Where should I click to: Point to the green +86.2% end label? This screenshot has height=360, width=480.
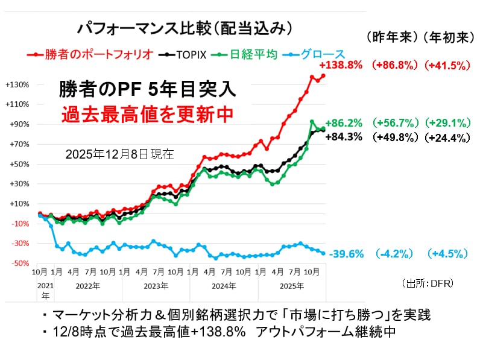point(344,124)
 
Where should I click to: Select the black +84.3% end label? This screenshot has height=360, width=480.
point(344,137)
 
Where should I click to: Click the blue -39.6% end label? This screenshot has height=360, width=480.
point(344,254)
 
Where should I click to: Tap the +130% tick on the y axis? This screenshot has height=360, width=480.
point(16,84)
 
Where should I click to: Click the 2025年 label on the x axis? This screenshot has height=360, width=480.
point(291,285)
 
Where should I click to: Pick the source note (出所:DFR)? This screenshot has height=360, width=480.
point(426,282)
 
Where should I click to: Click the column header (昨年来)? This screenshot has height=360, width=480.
point(393,37)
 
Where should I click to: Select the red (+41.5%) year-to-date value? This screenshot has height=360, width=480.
point(447,65)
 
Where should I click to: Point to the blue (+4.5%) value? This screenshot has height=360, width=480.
point(447,254)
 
